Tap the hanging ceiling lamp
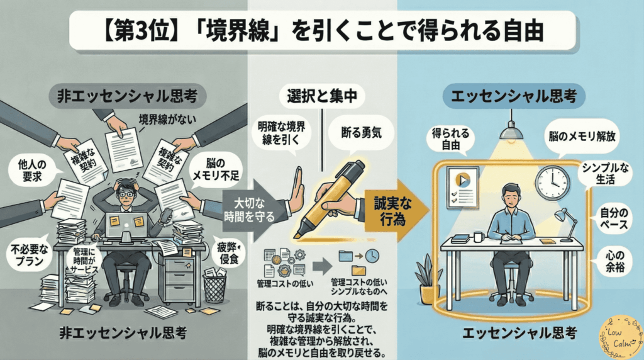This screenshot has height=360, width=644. coord(511,128)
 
